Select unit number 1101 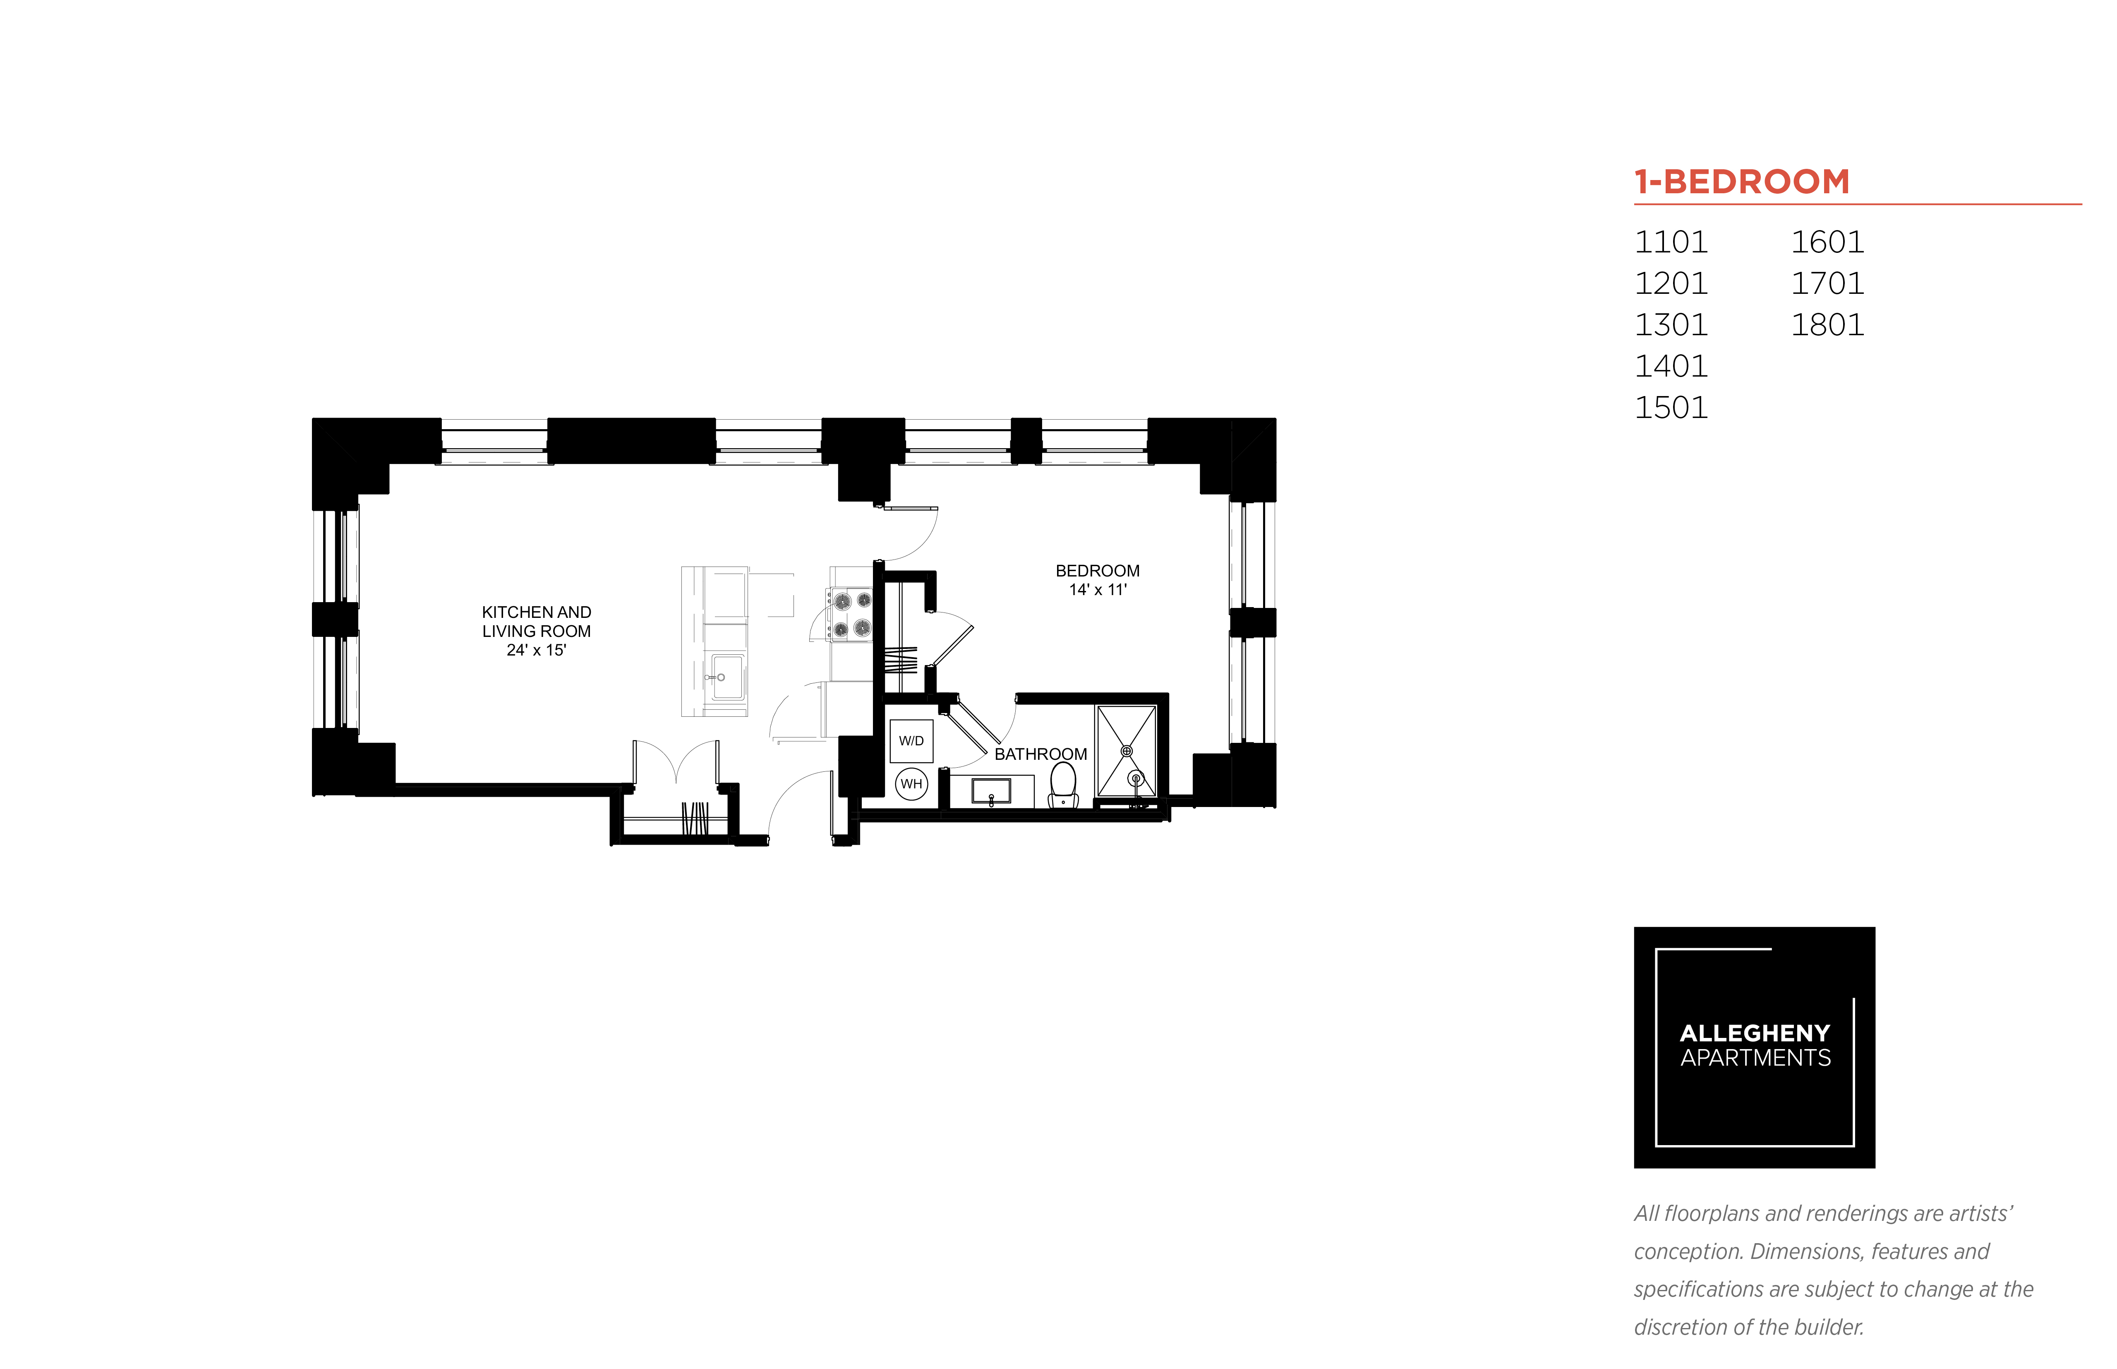[1671, 242]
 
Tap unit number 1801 [1827, 324]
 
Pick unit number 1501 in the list [1671, 407]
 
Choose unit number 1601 [1827, 242]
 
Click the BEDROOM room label [1098, 571]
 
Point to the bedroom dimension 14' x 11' [1098, 589]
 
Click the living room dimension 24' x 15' [536, 650]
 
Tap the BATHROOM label [1041, 754]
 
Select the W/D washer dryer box [911, 740]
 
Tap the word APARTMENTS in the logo [1755, 1058]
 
